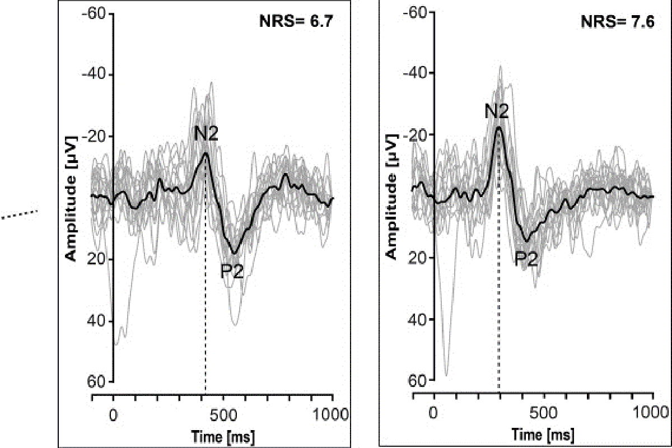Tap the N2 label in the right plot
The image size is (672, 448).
496,112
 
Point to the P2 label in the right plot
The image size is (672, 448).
527,258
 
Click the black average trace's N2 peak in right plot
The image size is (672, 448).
498,127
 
